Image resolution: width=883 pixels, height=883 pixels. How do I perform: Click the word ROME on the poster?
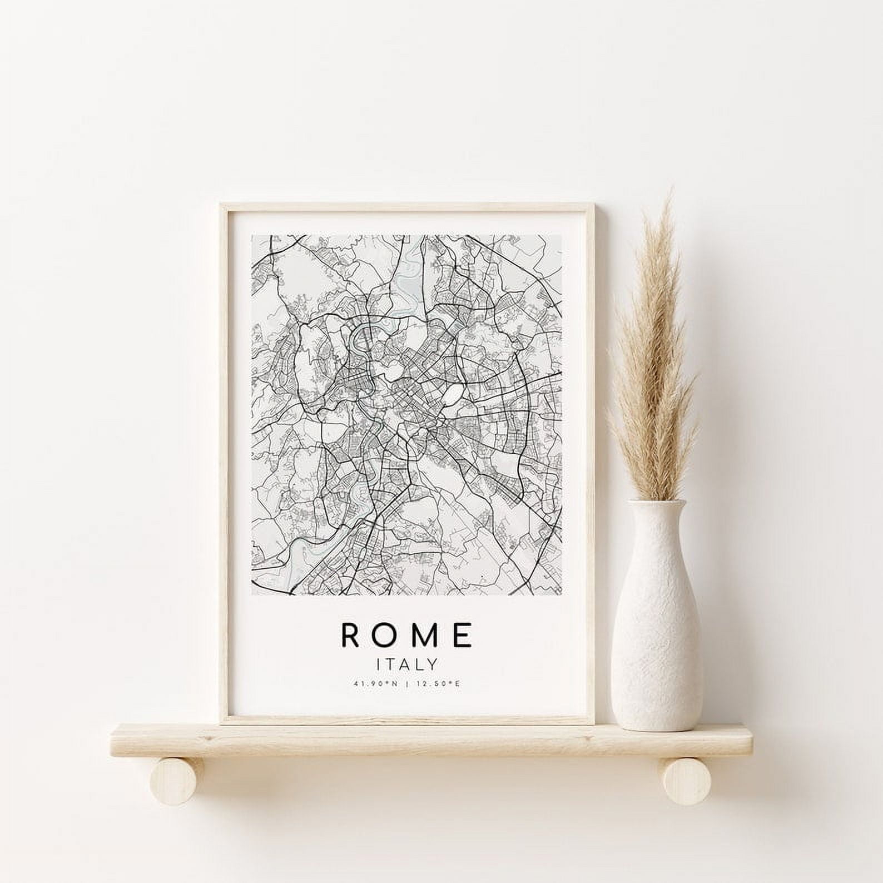[408, 635]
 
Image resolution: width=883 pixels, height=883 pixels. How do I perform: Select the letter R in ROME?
[354, 635]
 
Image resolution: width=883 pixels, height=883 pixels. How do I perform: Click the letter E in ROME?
[463, 635]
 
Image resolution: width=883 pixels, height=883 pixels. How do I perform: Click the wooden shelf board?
[423, 737]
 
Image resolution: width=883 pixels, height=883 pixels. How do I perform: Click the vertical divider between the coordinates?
[408, 683]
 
